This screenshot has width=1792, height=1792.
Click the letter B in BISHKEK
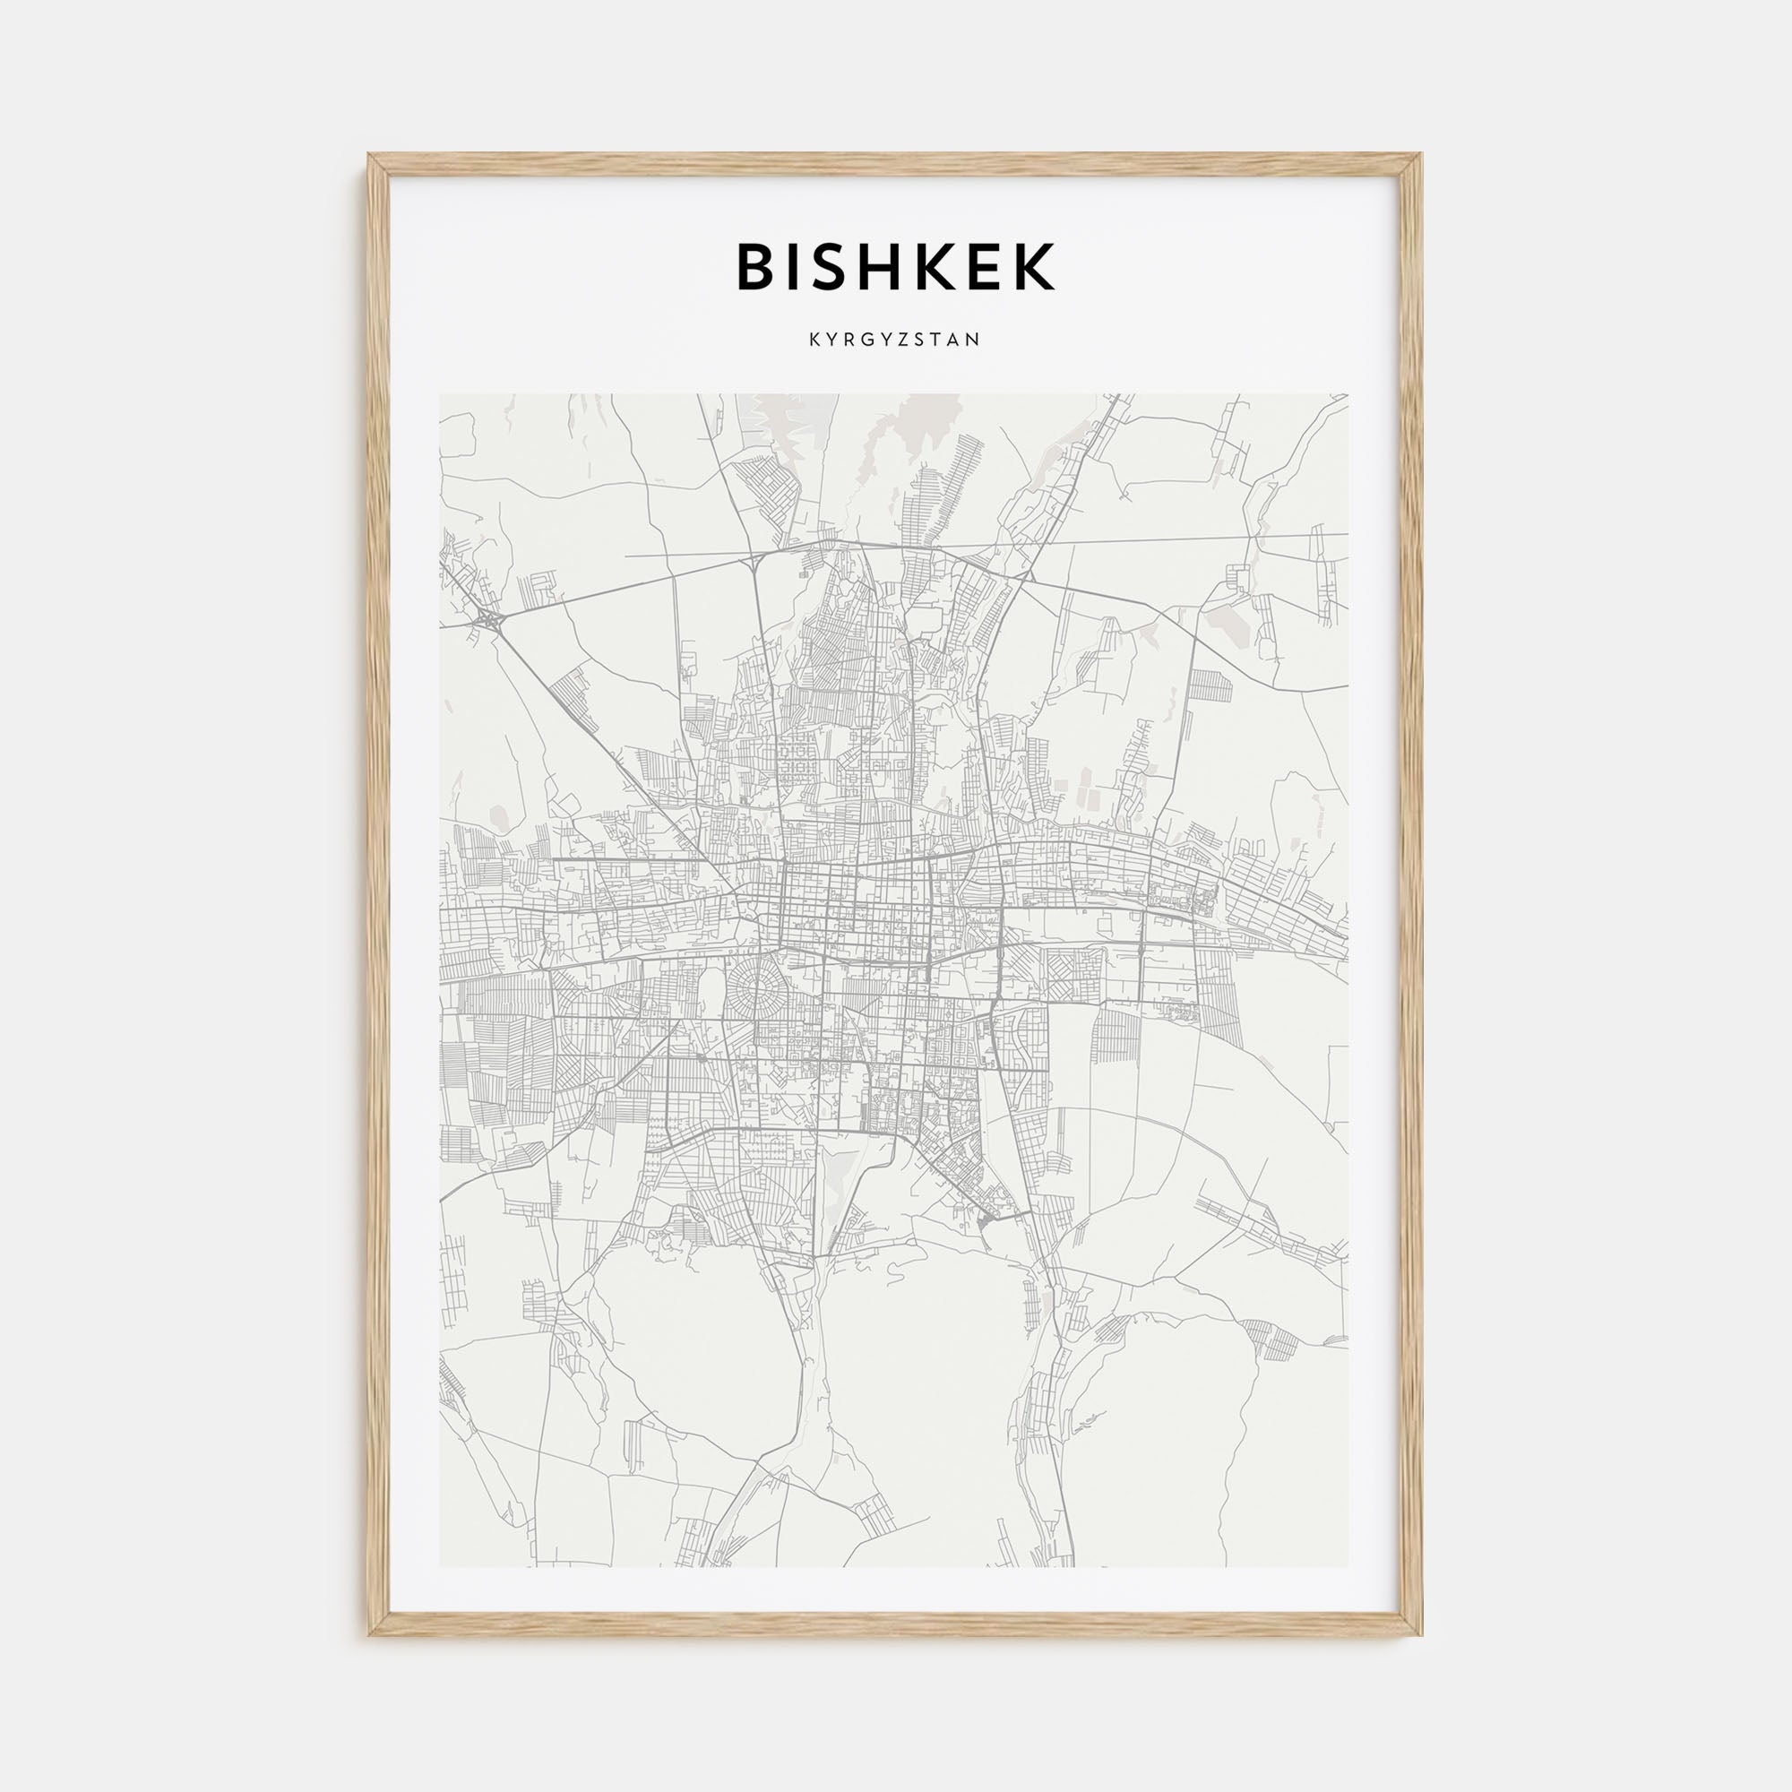point(758,267)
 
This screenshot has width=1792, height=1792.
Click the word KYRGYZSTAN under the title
point(895,340)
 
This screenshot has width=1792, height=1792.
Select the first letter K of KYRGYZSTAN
point(814,340)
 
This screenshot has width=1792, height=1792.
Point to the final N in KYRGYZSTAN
point(975,340)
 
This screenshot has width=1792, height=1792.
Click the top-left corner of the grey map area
point(441,395)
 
